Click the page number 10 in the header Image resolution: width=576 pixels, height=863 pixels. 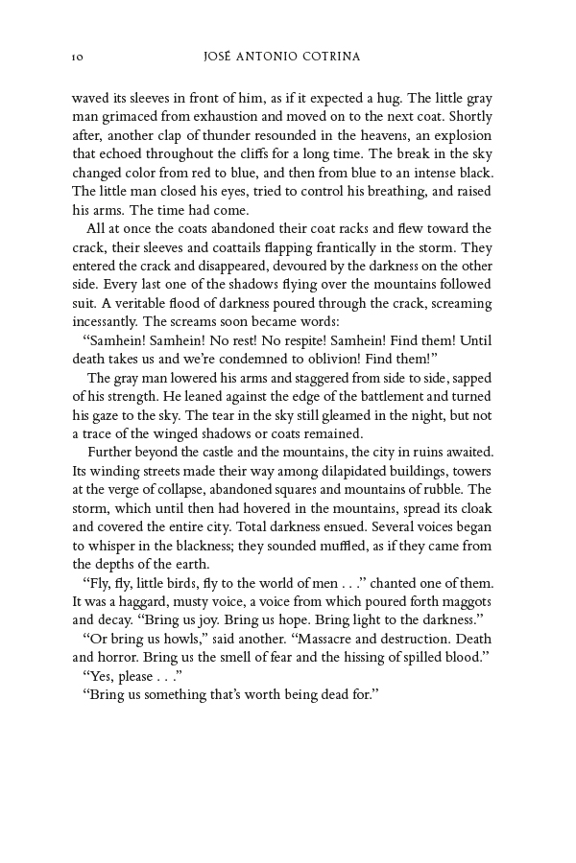point(78,58)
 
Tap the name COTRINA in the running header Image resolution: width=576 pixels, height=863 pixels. point(328,58)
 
